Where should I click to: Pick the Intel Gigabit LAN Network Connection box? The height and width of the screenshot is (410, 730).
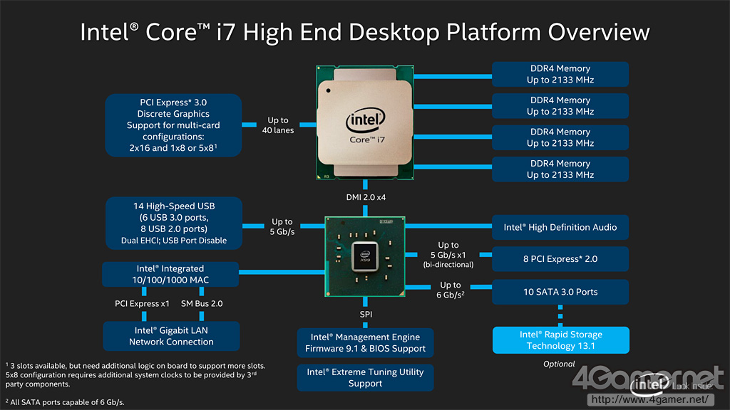(x=171, y=336)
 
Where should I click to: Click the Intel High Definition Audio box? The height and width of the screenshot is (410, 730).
(x=560, y=228)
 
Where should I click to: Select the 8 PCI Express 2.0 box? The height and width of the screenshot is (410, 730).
(x=560, y=259)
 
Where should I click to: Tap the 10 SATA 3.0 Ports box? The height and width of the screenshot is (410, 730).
(x=560, y=292)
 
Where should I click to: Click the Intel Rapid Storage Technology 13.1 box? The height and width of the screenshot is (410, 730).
(x=560, y=340)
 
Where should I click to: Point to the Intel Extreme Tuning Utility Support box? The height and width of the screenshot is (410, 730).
(x=366, y=377)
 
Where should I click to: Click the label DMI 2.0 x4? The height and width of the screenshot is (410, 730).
(x=365, y=196)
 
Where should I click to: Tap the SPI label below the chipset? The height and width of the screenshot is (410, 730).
(x=365, y=314)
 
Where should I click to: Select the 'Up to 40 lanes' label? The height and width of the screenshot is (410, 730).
(x=278, y=125)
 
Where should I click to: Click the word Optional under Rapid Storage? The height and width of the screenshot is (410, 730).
(x=559, y=364)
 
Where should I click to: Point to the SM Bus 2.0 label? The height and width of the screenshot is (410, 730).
(x=202, y=304)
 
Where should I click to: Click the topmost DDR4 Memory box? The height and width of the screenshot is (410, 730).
(x=560, y=75)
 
